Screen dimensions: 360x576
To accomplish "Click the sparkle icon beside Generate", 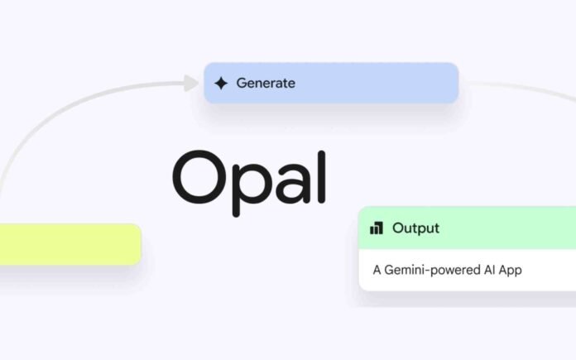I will pos(220,83).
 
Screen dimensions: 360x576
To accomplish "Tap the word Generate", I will pos(266,83).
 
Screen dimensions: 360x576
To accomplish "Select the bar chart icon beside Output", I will pos(377,228).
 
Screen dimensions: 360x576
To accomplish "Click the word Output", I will pos(415,228).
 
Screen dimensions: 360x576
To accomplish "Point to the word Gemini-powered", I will pos(426,270).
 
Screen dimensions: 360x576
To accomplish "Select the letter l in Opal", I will pos(320,174).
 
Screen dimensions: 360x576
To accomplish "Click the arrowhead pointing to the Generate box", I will pos(192,83).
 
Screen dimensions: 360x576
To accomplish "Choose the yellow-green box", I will pos(70,244).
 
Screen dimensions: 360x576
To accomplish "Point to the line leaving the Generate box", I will pos(513,87).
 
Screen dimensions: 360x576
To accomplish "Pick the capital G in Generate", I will pos(242,83).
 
